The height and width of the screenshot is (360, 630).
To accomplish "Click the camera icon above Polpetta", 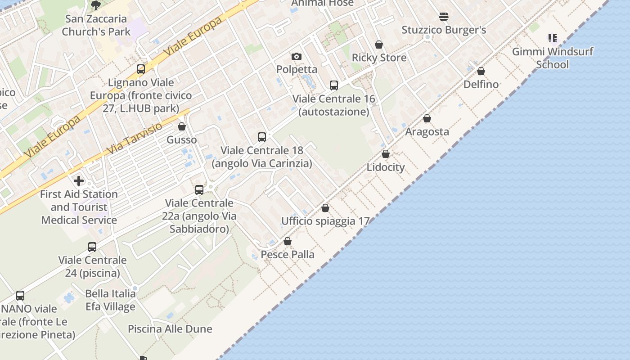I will coord(296,56).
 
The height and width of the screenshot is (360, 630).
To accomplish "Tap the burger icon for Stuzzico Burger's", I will coord(444,17).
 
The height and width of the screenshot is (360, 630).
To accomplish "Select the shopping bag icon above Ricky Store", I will coord(379,45).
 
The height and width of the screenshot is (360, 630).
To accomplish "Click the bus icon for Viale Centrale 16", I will coord(333,85).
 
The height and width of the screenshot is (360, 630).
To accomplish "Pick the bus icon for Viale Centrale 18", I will coord(261,137).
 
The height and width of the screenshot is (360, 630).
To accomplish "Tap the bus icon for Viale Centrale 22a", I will coord(199,190).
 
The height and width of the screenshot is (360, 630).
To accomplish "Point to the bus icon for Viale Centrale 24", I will coord(92,247).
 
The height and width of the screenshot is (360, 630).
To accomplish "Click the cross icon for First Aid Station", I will coord(79,181).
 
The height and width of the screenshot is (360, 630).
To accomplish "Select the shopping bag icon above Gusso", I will coord(182,126).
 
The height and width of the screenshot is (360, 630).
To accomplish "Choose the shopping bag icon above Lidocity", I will coord(386,154).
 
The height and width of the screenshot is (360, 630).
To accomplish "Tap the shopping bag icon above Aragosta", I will coord(427,118).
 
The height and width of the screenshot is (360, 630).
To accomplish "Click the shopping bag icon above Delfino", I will coord(481,71).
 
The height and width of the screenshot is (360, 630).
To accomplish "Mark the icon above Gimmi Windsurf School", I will coord(552,38).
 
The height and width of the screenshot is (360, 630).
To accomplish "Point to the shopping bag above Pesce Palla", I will coord(288,241).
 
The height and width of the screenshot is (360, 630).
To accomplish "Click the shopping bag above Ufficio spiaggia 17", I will coord(325,208).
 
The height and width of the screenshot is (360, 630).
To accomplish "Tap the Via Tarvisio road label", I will coord(135,139).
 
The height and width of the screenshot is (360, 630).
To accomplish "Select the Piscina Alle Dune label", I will coord(170,329).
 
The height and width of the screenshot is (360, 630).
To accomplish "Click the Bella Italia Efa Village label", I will coord(110,300).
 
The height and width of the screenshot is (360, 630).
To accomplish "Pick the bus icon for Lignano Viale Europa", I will coord(141,69).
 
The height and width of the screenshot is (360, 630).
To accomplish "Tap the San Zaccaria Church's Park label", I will coord(96,25).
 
